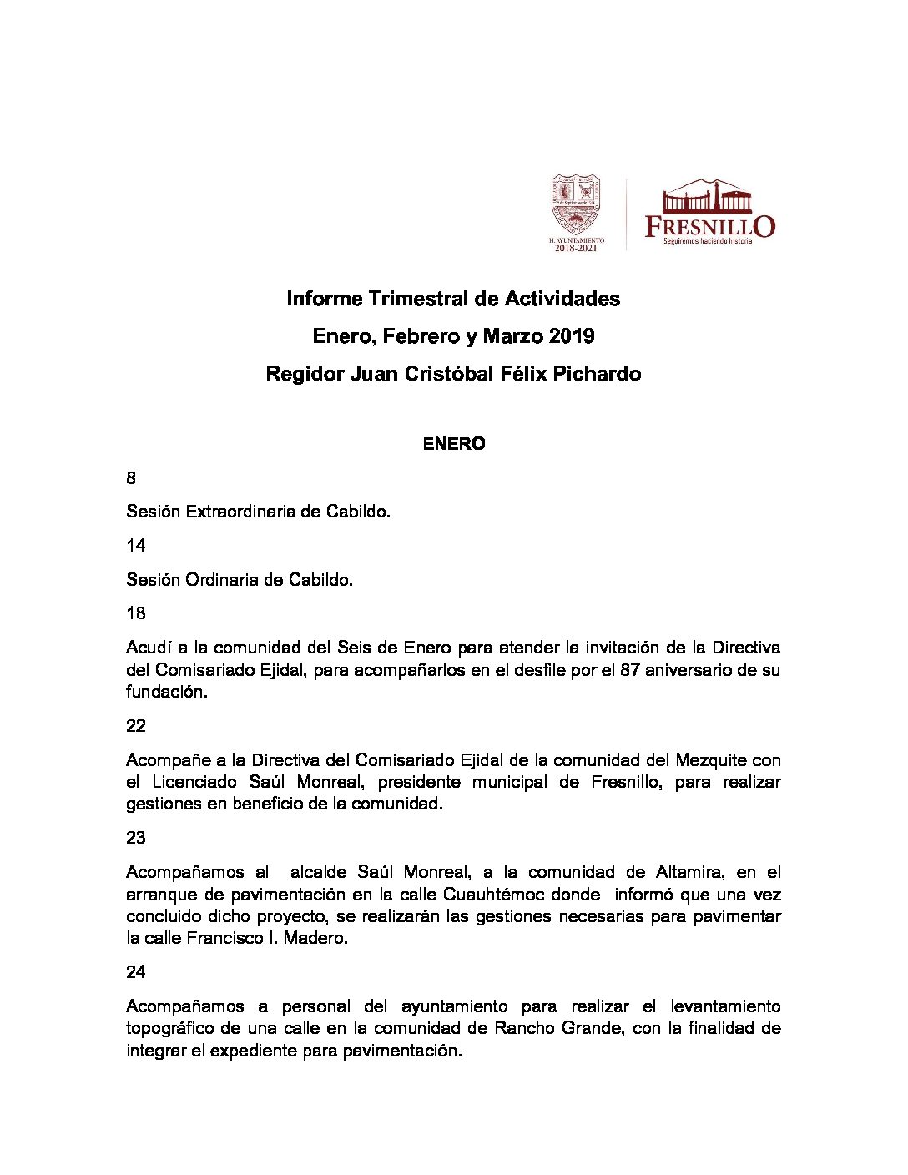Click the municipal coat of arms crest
[575, 204]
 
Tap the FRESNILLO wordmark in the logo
[709, 226]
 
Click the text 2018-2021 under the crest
[576, 248]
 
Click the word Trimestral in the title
[418, 299]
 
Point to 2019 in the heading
[572, 336]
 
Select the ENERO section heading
[454, 444]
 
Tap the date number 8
[131, 478]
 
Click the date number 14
[136, 546]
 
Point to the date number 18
[136, 613]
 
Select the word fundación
[164, 692]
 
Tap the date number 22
[136, 726]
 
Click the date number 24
[136, 972]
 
